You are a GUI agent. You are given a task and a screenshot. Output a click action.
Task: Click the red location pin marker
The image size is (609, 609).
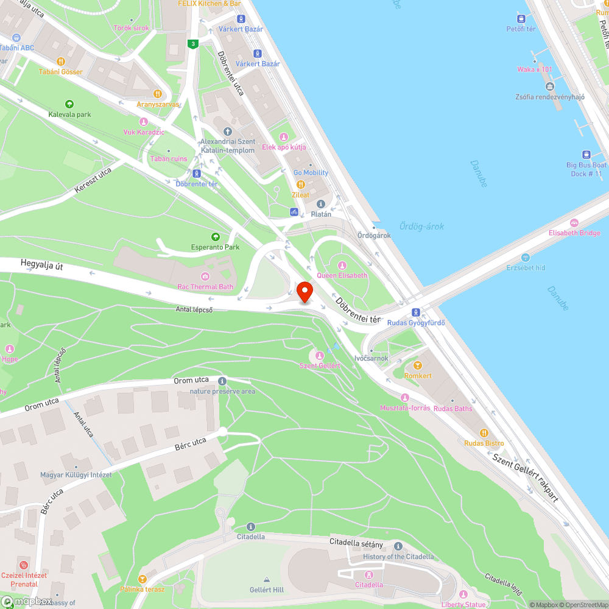point(305,292)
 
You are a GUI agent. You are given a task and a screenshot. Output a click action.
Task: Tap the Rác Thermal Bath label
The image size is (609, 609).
point(205,286)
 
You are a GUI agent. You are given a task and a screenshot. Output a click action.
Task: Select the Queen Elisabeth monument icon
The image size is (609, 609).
point(342,265)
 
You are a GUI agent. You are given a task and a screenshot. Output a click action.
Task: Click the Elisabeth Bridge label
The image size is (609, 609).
point(574,233)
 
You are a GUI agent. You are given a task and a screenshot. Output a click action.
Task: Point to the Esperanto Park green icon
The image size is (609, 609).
point(215,237)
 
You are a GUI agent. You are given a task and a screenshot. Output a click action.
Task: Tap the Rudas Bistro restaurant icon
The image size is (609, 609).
point(484,433)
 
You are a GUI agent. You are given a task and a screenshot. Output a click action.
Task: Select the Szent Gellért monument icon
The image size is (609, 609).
point(319,355)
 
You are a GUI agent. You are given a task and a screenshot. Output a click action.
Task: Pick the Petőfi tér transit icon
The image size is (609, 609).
point(521,18)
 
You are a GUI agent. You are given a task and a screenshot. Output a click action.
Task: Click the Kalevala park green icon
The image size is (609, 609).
point(69,104)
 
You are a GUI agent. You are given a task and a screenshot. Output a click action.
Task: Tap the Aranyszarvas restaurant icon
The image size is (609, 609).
point(157,94)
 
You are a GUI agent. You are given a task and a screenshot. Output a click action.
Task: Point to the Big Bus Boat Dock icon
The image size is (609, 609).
point(586,155)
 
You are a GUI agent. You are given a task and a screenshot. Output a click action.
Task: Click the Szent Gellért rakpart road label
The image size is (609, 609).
point(525,478)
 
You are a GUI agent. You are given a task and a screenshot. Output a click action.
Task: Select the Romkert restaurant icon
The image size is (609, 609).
point(417,365)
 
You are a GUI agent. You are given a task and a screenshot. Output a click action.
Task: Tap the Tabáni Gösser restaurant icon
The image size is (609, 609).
point(61,62)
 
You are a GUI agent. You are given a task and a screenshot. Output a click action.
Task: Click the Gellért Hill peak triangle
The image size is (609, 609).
point(267,579)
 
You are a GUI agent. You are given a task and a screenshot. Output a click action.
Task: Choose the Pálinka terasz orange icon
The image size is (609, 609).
point(143,579)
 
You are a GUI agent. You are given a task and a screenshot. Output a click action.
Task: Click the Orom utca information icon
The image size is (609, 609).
point(222,381)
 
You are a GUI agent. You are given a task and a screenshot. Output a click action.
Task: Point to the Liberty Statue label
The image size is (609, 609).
point(464,604)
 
